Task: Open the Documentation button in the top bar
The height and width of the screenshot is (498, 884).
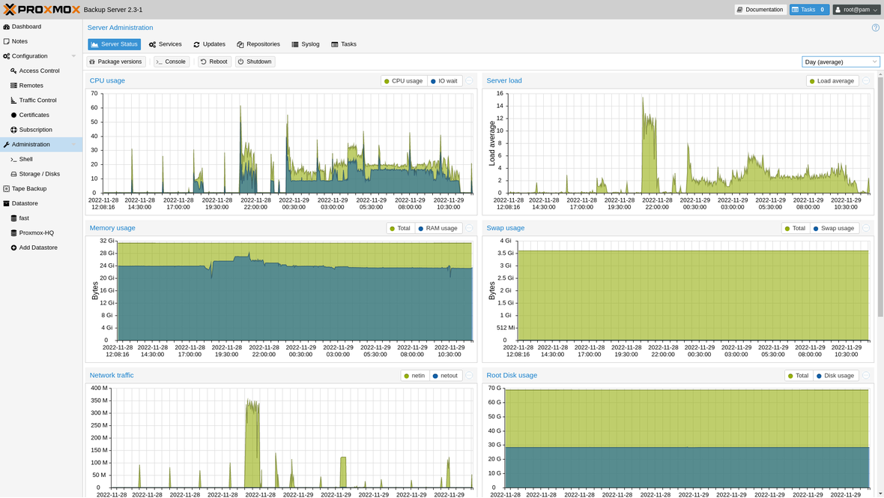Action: pyautogui.click(x=760, y=10)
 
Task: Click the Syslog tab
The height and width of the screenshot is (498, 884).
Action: pyautogui.click(x=306, y=44)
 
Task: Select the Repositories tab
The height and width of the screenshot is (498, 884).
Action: pyautogui.click(x=258, y=44)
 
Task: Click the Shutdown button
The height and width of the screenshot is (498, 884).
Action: pyautogui.click(x=255, y=61)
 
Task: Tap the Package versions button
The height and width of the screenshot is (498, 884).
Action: pyautogui.click(x=115, y=61)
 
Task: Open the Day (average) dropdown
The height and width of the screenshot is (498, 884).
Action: pyautogui.click(x=841, y=61)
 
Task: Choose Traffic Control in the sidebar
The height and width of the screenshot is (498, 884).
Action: pyautogui.click(x=37, y=100)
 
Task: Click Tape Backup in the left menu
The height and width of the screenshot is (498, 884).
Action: pyautogui.click(x=28, y=188)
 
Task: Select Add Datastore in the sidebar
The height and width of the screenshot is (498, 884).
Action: pyautogui.click(x=38, y=247)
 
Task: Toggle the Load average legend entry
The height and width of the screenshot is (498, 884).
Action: pyautogui.click(x=832, y=81)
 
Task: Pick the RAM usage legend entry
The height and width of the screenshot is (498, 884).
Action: pyautogui.click(x=438, y=228)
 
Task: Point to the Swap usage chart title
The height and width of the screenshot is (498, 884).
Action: pyautogui.click(x=505, y=228)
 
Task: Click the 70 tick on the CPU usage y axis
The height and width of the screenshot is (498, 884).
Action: pyautogui.click(x=94, y=93)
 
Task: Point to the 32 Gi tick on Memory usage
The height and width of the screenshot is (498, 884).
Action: pyautogui.click(x=106, y=241)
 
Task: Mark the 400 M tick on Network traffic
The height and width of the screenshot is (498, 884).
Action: pyautogui.click(x=99, y=388)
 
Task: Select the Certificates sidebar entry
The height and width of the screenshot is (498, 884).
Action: pyautogui.click(x=34, y=115)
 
